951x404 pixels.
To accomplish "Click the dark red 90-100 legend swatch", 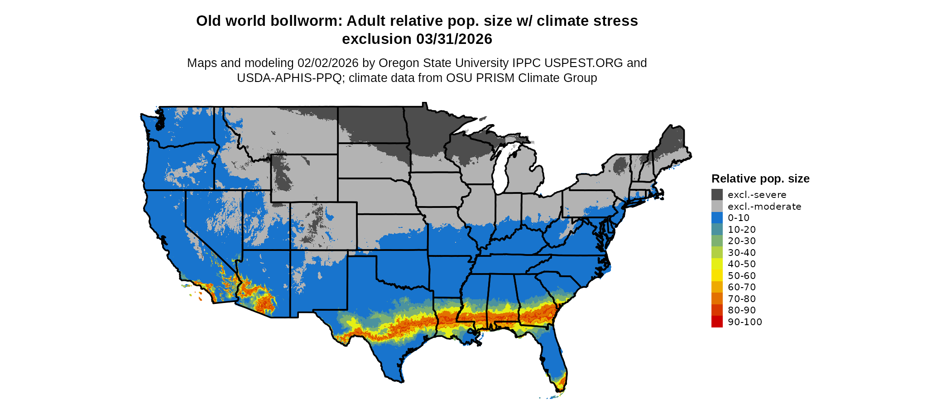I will [717, 322].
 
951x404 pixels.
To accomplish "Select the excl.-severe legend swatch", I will [717, 195].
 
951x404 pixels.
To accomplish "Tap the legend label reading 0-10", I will [739, 218].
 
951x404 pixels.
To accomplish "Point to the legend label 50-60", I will [742, 276].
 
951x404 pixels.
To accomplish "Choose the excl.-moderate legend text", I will [764, 207].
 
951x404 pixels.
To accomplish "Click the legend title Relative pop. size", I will [760, 178].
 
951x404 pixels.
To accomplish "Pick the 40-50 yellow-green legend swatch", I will [717, 264].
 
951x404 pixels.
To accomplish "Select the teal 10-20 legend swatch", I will [717, 230].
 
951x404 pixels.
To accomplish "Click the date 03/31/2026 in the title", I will [454, 39].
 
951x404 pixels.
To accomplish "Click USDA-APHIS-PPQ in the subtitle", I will [289, 78].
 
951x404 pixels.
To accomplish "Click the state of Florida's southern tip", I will [561, 385].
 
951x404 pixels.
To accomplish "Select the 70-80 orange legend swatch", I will [717, 298].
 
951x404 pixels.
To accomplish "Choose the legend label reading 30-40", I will [742, 253].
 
